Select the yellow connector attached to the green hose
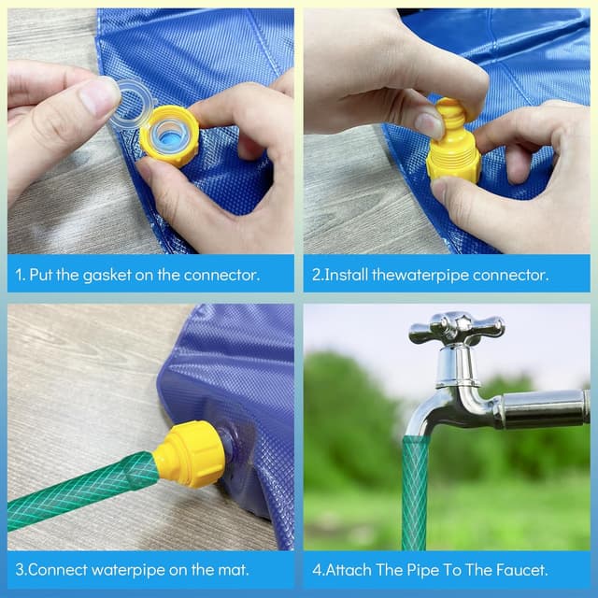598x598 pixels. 192,454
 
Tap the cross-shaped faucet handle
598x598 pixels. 457,328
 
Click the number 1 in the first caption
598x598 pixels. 19,275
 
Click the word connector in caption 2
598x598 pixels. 508,275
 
